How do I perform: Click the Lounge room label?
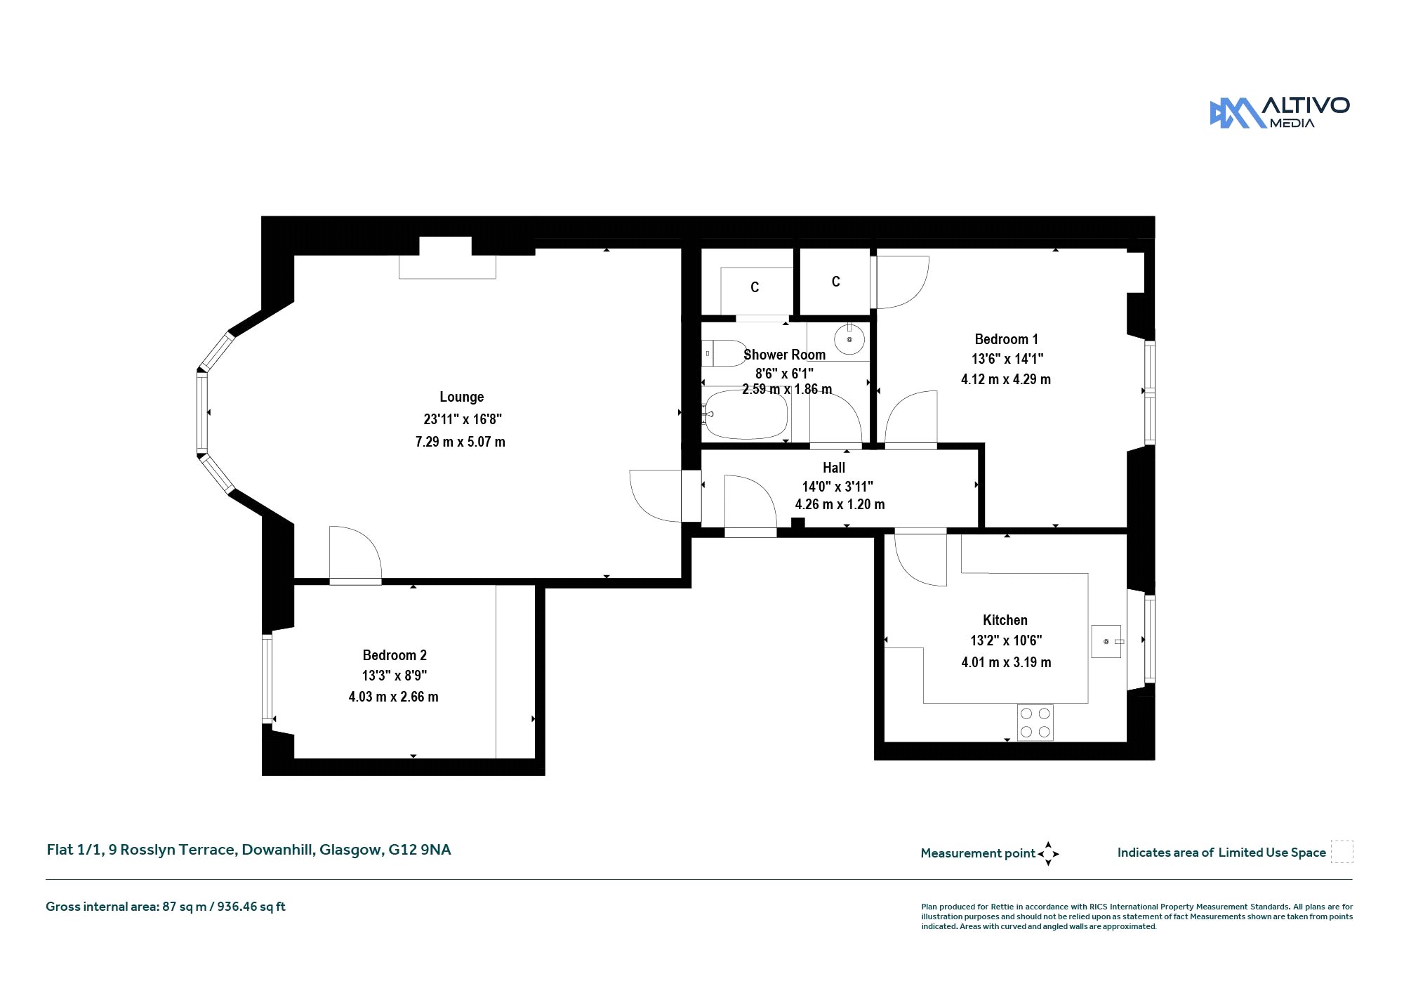click(x=462, y=397)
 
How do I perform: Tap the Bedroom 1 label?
click(x=1006, y=339)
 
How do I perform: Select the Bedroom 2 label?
click(x=395, y=655)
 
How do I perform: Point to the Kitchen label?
click(x=1005, y=620)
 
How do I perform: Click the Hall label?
click(x=834, y=468)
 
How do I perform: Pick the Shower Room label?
click(x=784, y=355)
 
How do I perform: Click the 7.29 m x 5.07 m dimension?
click(x=461, y=442)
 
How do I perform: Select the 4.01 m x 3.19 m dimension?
click(x=1006, y=662)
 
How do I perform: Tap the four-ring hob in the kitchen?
click(x=1035, y=723)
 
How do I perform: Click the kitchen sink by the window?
click(x=1106, y=641)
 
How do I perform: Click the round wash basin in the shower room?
click(x=849, y=340)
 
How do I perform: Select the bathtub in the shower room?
click(x=746, y=415)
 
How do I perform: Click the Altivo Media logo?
click(x=1279, y=112)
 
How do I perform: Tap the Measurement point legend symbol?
click(x=1048, y=854)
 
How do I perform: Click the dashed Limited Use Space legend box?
click(x=1342, y=852)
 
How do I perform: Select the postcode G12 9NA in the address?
click(x=420, y=850)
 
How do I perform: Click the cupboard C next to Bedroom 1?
click(x=835, y=282)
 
